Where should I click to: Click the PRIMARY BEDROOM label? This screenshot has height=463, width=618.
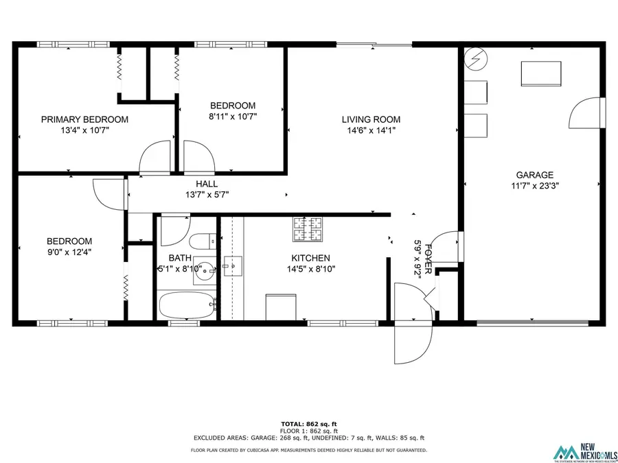click(84, 119)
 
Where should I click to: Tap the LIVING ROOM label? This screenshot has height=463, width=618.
click(371, 119)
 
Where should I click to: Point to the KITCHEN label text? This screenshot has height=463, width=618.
click(310, 258)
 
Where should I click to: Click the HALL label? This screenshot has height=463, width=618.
click(207, 184)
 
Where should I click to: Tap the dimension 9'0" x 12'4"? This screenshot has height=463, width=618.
click(69, 252)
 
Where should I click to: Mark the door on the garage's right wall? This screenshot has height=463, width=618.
click(586, 112)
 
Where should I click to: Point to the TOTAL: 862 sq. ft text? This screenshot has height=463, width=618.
click(309, 423)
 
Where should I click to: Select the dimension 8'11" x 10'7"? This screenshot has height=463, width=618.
click(233, 116)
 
